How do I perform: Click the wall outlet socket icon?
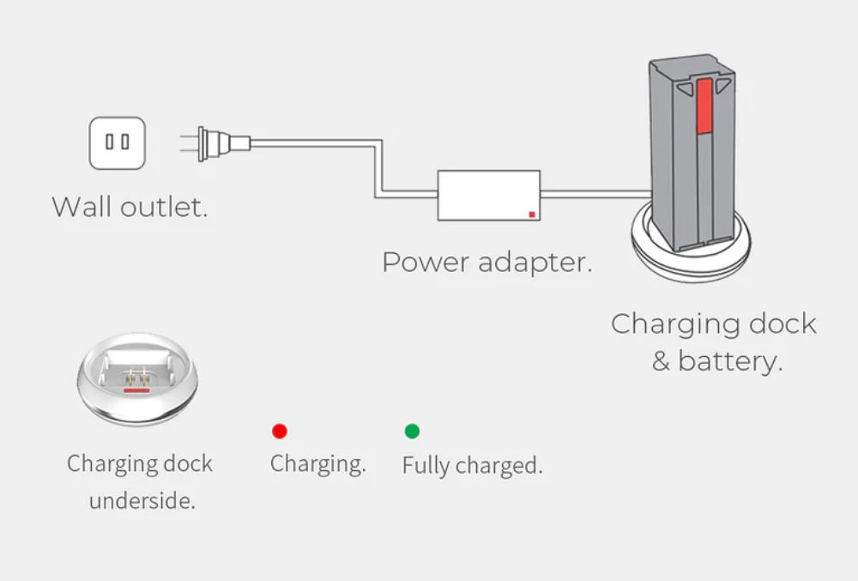click(x=118, y=142)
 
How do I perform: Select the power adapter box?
click(x=490, y=196)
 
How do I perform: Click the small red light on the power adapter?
click(x=532, y=215)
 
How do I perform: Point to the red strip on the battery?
click(x=705, y=106)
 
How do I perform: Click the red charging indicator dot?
click(x=280, y=431)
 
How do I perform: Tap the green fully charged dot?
click(x=412, y=431)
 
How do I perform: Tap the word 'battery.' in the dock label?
click(x=729, y=360)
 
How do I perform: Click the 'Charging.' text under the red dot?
click(x=317, y=464)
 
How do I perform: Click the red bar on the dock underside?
click(x=136, y=389)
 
